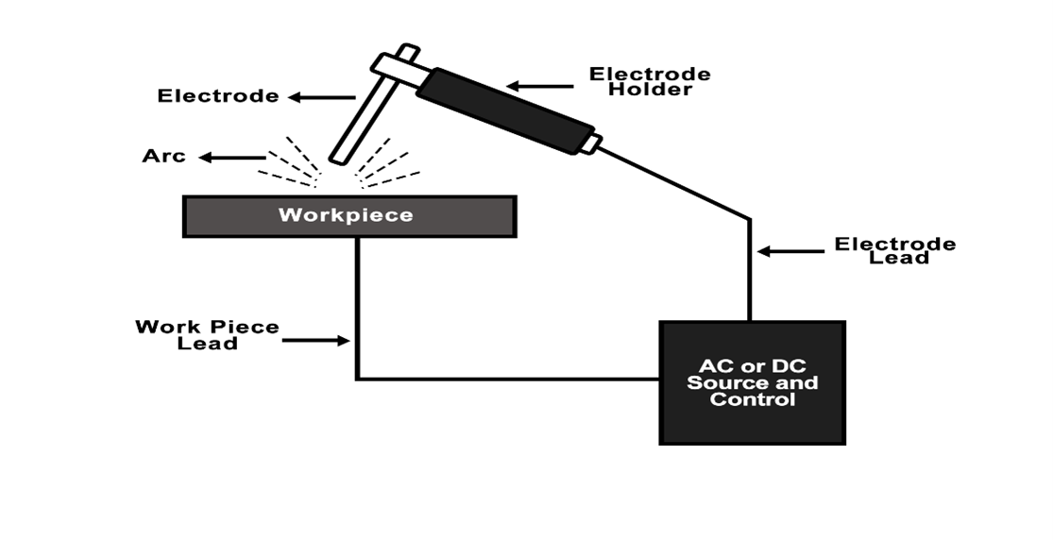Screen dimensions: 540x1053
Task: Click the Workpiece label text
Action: (x=346, y=215)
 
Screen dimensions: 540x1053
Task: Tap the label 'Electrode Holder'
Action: (x=650, y=81)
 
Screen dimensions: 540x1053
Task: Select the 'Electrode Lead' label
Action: (x=894, y=250)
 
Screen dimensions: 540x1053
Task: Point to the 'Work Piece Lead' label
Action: (x=207, y=334)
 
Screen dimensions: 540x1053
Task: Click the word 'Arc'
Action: (x=164, y=156)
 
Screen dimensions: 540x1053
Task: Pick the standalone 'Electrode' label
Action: (x=218, y=95)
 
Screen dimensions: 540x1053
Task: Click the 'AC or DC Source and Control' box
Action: (x=752, y=382)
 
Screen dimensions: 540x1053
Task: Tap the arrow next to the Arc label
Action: (x=232, y=158)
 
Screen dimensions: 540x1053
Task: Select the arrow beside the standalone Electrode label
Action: (x=321, y=96)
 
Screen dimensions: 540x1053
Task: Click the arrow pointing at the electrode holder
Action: (x=539, y=87)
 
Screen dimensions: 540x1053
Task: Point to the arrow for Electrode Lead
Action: (x=790, y=251)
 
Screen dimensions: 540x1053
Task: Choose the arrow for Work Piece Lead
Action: (x=315, y=340)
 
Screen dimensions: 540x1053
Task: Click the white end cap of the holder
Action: (x=590, y=144)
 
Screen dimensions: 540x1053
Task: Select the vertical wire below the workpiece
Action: (x=357, y=302)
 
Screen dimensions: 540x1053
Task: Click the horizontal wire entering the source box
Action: (x=510, y=380)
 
